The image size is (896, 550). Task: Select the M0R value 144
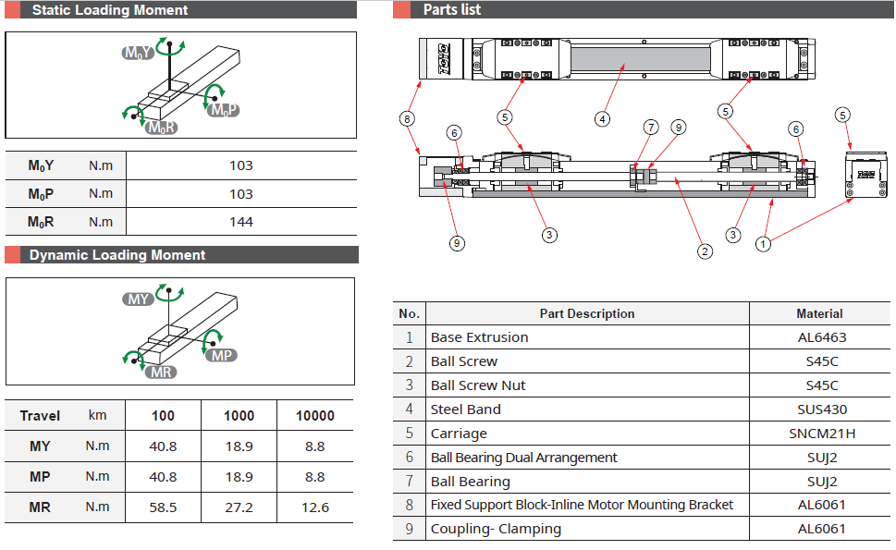pyautogui.click(x=240, y=222)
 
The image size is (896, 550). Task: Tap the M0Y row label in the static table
pyautogui.click(x=41, y=166)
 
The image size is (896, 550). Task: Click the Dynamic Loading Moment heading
pyautogui.click(x=117, y=255)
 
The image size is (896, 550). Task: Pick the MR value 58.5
pyautogui.click(x=163, y=507)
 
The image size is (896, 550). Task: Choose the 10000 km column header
pyautogui.click(x=314, y=416)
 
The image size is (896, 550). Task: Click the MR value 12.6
pyautogui.click(x=314, y=507)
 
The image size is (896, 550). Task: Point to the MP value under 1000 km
pyautogui.click(x=239, y=477)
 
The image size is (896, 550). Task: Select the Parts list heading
pyautogui.click(x=451, y=10)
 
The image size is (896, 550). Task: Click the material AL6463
pyautogui.click(x=821, y=337)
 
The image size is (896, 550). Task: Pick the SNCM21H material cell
pyautogui.click(x=821, y=434)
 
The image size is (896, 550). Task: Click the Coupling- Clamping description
pyautogui.click(x=496, y=530)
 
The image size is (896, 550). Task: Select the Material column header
pyautogui.click(x=819, y=313)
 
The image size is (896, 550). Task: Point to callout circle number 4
pyautogui.click(x=602, y=118)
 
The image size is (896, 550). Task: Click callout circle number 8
pyautogui.click(x=407, y=118)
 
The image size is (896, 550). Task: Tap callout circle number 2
pyautogui.click(x=705, y=250)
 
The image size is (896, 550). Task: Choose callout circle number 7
pyautogui.click(x=651, y=128)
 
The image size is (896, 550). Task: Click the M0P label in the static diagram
pyautogui.click(x=225, y=111)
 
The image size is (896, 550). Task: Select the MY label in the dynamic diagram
pyautogui.click(x=139, y=299)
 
